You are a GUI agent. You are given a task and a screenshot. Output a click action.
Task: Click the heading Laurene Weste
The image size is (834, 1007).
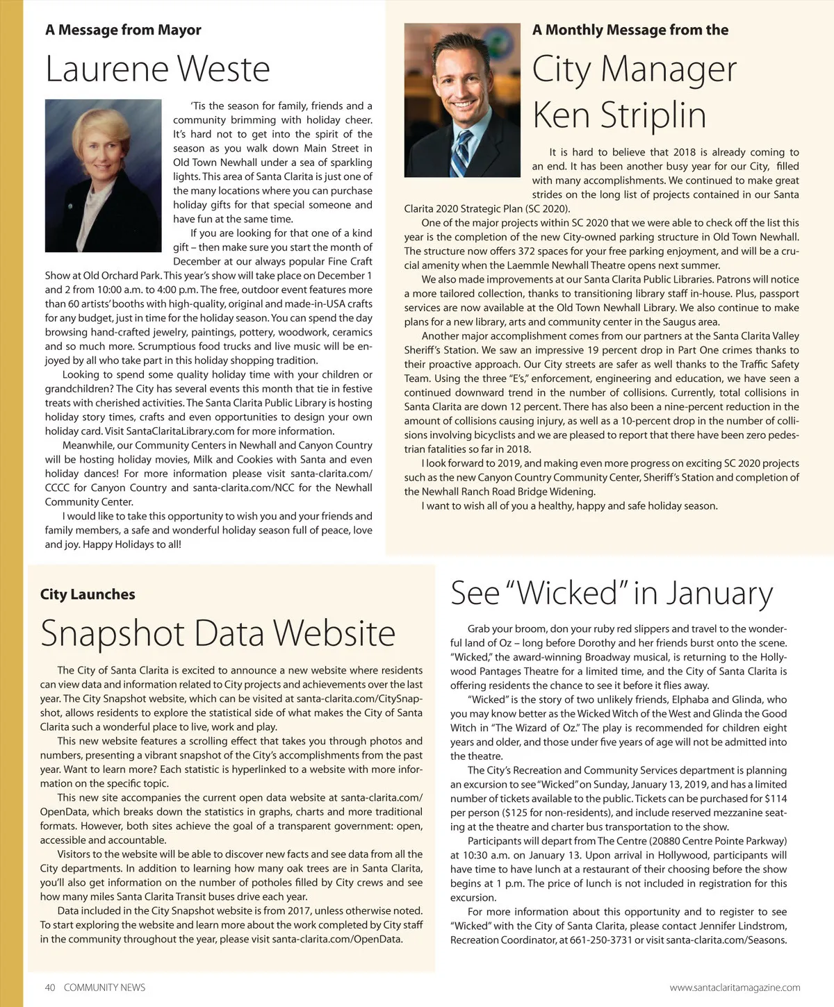[x=158, y=69]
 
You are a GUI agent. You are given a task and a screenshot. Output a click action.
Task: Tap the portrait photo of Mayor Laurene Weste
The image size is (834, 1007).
[x=103, y=165]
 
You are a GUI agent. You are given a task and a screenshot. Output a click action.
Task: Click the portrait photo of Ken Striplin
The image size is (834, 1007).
[x=462, y=100]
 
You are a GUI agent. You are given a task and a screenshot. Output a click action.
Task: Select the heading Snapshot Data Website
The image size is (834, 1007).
[x=218, y=633]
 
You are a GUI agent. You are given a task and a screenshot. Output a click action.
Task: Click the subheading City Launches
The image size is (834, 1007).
[x=88, y=594]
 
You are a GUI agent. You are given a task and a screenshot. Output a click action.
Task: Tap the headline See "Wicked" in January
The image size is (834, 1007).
[x=611, y=592]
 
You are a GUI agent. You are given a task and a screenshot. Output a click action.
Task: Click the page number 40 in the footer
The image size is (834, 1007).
[x=50, y=988]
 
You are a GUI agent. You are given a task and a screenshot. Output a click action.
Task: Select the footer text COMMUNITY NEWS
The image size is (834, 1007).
[x=104, y=988]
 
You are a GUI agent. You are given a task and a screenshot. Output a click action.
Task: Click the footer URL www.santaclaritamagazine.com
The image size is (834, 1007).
[x=735, y=988]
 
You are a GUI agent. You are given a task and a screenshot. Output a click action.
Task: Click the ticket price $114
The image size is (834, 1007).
[x=776, y=799]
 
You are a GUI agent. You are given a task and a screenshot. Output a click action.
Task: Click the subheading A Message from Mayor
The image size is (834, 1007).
[x=123, y=30]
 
